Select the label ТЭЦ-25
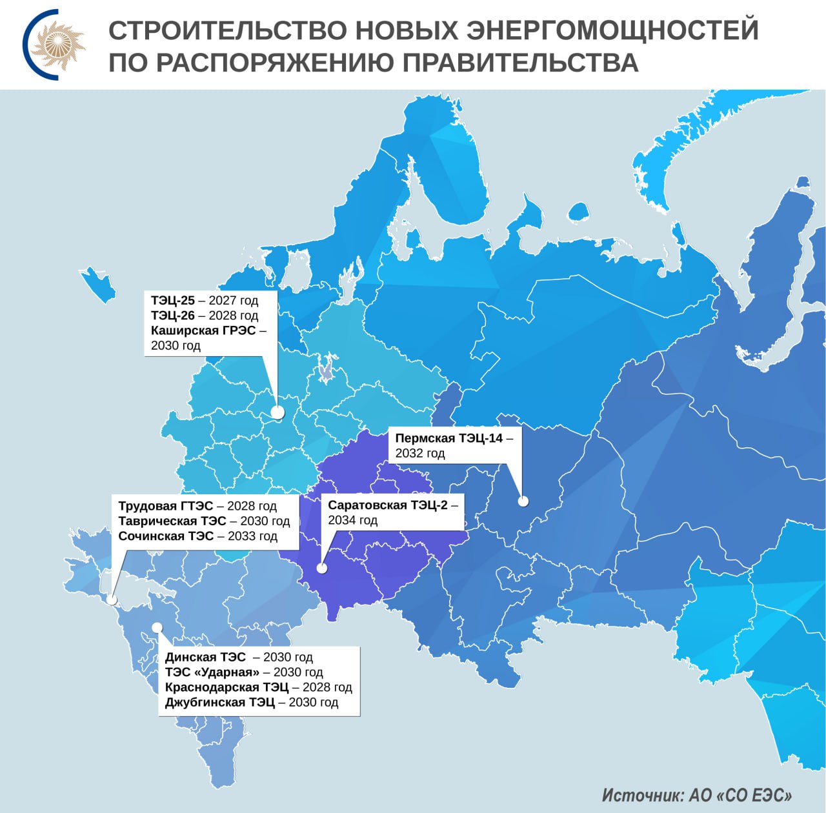coord(172,301)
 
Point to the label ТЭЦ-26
coord(172,316)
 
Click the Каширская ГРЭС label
coord(203,330)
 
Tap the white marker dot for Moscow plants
coord(277,412)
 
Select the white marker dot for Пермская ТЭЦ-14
coord(523,501)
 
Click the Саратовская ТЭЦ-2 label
coord(387,505)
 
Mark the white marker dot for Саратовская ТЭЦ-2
coord(321,568)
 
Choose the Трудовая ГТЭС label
coord(165,506)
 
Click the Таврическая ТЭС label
coord(172,521)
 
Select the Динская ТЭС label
coord(205,657)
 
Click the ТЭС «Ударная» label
coord(212,672)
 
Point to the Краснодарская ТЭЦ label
coord(227,687)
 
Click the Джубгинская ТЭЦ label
coord(219,702)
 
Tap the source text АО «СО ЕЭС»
coord(740,796)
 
